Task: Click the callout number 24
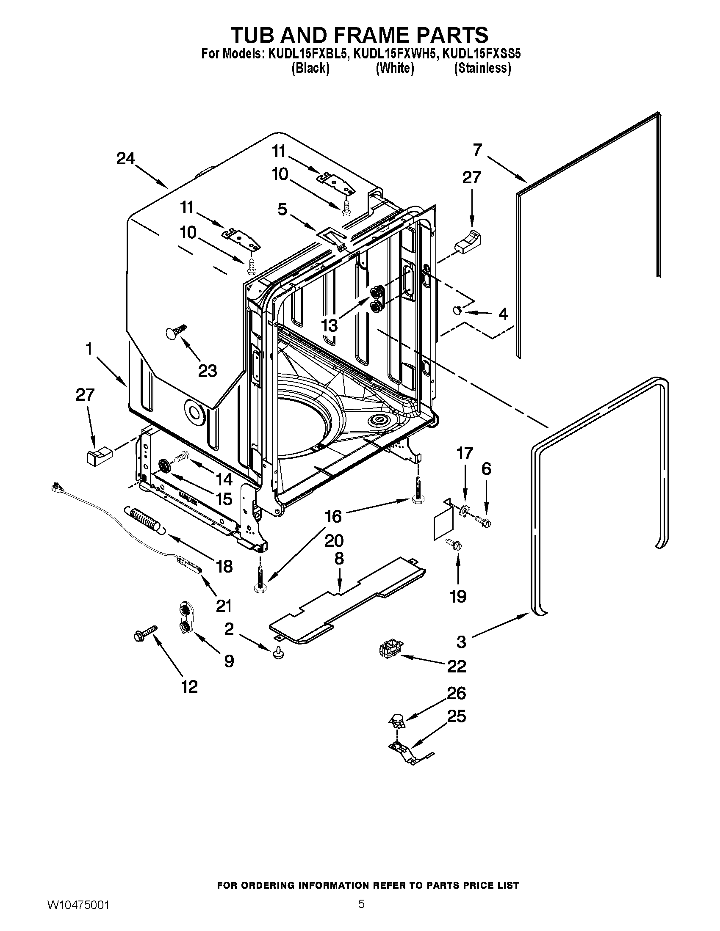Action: pyautogui.click(x=125, y=159)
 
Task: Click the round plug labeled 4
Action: pyautogui.click(x=457, y=310)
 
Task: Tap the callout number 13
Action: pyautogui.click(x=329, y=326)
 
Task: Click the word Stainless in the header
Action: pyautogui.click(x=482, y=68)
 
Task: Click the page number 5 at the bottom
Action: pyautogui.click(x=361, y=904)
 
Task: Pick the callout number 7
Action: pyautogui.click(x=477, y=150)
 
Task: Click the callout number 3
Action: pyautogui.click(x=461, y=642)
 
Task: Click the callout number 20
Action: pyautogui.click(x=334, y=541)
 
